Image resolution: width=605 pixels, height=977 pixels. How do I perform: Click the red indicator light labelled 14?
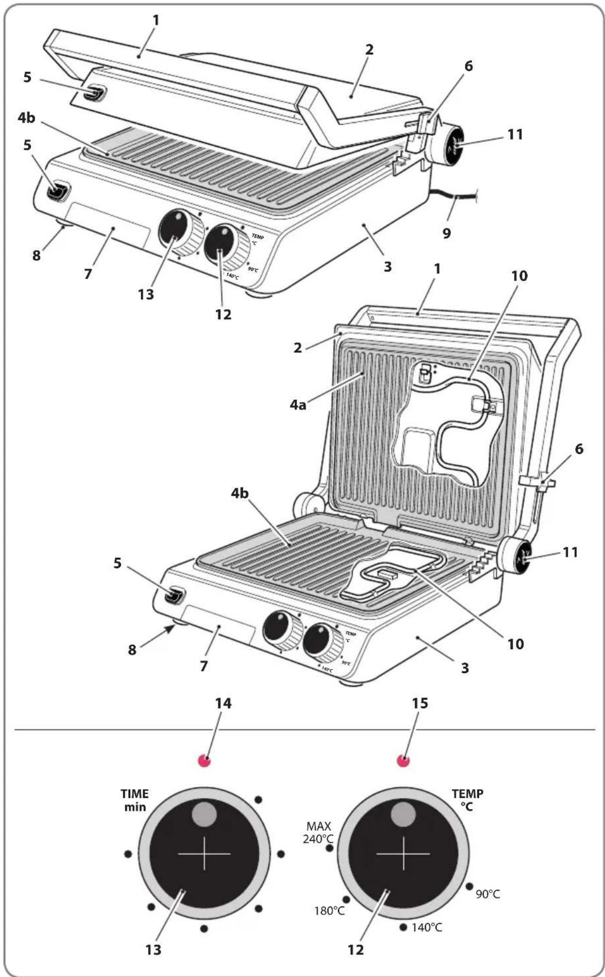[204, 760]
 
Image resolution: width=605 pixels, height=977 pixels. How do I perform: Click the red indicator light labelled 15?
[403, 760]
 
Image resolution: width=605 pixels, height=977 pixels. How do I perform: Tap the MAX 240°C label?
[319, 833]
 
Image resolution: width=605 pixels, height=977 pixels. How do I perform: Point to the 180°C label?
[329, 911]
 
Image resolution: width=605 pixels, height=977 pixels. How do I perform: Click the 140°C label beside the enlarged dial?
[427, 927]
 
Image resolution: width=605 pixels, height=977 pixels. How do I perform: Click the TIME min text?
[135, 800]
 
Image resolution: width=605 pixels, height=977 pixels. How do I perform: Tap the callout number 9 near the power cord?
[446, 233]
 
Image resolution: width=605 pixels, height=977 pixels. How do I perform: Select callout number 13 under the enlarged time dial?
[154, 950]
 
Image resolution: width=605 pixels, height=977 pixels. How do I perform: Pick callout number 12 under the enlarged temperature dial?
[355, 950]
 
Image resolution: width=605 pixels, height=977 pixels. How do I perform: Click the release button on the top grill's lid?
[94, 93]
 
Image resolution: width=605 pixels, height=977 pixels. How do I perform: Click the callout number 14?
[223, 703]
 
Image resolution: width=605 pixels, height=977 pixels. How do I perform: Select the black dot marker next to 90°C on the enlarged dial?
[469, 887]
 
